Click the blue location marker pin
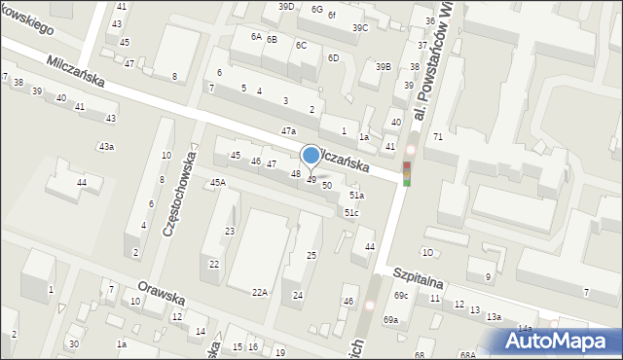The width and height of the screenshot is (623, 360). pyautogui.click(x=311, y=156)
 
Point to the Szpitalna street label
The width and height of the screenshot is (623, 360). pyautogui.click(x=419, y=276)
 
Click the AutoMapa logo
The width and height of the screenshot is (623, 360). pyautogui.click(x=556, y=342)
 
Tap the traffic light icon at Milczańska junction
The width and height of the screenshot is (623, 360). pyautogui.click(x=407, y=175)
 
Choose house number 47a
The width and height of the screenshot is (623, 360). pyautogui.click(x=288, y=130)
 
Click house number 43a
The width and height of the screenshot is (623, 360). pyautogui.click(x=105, y=147)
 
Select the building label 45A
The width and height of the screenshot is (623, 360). pyautogui.click(x=217, y=182)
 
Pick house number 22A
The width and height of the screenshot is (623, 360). pyautogui.click(x=259, y=293)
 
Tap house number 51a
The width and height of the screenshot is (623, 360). pyautogui.click(x=356, y=196)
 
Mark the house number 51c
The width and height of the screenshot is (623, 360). pyautogui.click(x=351, y=212)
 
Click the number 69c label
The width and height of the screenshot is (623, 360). pyautogui.click(x=401, y=295)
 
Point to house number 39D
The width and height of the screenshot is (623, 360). pyautogui.click(x=285, y=7)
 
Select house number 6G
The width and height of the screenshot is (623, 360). pyautogui.click(x=316, y=9)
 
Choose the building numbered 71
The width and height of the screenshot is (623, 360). pyautogui.click(x=438, y=137)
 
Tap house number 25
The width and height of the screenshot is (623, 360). pyautogui.click(x=311, y=255)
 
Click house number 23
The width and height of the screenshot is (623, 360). pyautogui.click(x=230, y=231)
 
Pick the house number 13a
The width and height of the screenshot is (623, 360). pyautogui.click(x=494, y=316)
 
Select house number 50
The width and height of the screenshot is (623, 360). pyautogui.click(x=327, y=185)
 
